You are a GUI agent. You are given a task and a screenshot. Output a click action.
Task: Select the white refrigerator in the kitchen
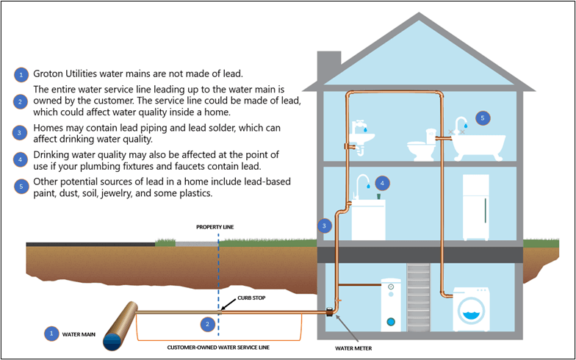475,207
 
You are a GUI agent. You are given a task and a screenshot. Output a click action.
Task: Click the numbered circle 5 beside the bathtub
482,118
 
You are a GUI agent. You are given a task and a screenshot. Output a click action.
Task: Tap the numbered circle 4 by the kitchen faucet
381,182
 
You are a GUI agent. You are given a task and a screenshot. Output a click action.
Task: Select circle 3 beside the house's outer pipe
323,226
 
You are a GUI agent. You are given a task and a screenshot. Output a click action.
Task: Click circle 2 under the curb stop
208,323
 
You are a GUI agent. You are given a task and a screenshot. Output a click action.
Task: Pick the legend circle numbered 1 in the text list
21,74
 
